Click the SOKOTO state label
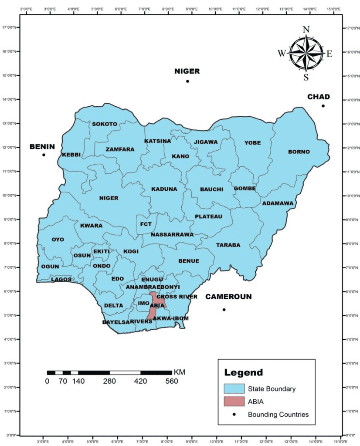tap(104, 124)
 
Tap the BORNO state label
tap(299, 152)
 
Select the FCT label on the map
tap(146, 224)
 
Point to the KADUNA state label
tap(164, 189)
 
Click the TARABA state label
tap(228, 245)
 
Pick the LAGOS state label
tap(61, 280)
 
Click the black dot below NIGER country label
tap(187, 81)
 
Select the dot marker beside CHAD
tap(323, 106)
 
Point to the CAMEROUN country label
tap(228, 297)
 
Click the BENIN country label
tap(42, 147)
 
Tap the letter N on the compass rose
tap(306, 30)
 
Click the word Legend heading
tap(244, 373)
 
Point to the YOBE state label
tap(252, 142)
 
